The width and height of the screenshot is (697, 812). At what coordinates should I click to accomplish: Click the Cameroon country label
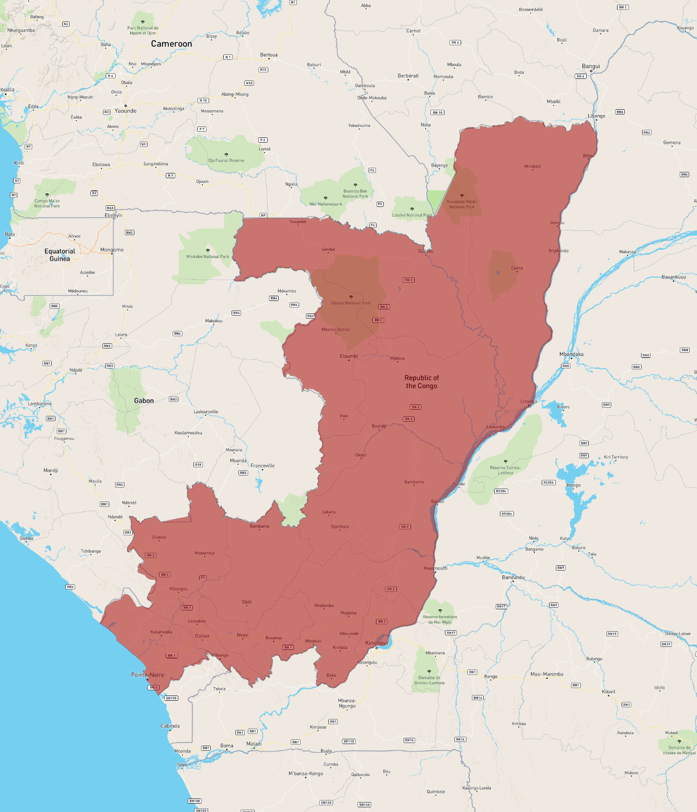(x=172, y=44)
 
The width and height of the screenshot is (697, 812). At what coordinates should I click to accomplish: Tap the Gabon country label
(x=144, y=401)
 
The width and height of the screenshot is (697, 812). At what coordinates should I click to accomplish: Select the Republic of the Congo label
(x=421, y=382)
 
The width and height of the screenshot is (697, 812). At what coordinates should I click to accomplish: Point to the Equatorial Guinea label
(x=60, y=255)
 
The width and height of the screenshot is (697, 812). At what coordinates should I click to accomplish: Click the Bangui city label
(x=591, y=66)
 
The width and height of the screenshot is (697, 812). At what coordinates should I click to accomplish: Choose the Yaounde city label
(x=125, y=111)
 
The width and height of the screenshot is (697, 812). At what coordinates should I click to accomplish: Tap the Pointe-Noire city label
(x=147, y=675)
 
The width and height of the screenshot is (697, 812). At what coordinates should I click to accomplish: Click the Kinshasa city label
(x=376, y=643)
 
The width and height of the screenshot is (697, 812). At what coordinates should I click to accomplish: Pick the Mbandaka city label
(x=571, y=354)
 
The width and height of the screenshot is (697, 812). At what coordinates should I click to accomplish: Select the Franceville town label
(x=262, y=466)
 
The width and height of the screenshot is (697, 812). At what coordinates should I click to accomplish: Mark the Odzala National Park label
(x=350, y=303)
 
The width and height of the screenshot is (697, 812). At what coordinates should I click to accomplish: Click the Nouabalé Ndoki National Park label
(x=462, y=204)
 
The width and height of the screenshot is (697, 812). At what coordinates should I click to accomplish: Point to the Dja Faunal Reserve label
(x=226, y=160)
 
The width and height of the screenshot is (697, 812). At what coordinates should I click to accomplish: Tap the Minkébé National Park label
(x=208, y=257)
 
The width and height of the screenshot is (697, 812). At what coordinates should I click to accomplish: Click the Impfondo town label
(x=558, y=251)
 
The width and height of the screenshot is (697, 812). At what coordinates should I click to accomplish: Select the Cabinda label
(x=170, y=726)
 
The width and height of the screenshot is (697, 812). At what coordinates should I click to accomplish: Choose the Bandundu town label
(x=513, y=577)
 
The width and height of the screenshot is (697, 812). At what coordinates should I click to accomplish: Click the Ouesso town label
(x=426, y=251)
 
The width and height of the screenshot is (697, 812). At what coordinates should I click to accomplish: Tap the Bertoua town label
(x=269, y=55)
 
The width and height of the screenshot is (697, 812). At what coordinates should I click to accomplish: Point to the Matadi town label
(x=254, y=744)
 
